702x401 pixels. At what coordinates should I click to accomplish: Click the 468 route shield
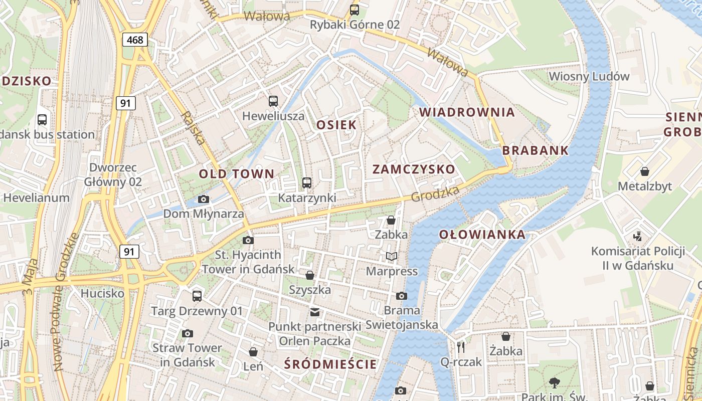pos(134,40)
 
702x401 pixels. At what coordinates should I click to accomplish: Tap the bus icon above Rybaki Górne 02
pos(355,10)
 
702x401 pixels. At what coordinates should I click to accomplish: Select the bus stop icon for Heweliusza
pos(273,101)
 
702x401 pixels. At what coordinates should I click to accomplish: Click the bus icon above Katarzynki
pos(307,183)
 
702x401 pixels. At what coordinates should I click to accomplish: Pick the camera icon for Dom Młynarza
pos(204,199)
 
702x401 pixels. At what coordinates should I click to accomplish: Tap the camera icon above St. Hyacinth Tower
pos(248,240)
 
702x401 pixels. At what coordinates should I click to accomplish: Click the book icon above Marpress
pos(391,257)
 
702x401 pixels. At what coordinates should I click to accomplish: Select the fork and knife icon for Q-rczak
pos(461,347)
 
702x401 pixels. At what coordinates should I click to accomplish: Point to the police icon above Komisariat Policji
pos(638,236)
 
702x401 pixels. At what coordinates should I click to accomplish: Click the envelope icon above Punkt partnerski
pos(314,312)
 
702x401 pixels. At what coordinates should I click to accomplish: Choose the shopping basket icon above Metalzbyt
pos(645,171)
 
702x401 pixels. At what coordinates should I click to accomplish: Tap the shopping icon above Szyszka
pos(310,275)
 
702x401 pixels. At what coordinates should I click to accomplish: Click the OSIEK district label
pos(336,125)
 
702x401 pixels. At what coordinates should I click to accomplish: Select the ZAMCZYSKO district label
pos(414,169)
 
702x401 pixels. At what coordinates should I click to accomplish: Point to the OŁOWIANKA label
pos(482,235)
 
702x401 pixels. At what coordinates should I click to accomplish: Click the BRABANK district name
pos(536,150)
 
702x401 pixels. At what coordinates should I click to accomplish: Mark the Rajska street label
pos(193,128)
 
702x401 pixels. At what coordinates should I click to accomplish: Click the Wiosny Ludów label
pos(589,77)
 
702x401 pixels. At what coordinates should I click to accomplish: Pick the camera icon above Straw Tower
pos(188,333)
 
